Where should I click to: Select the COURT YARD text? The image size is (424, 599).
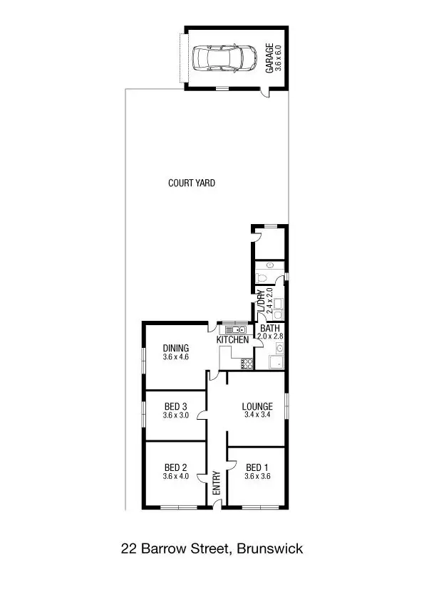click(x=191, y=183)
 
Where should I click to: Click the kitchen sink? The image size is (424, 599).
click(x=236, y=329)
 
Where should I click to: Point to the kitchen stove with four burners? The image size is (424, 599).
click(x=248, y=364)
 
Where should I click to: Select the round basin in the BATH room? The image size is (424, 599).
click(x=280, y=349)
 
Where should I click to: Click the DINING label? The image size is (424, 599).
click(x=175, y=348)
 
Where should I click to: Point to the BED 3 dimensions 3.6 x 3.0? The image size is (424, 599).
click(x=175, y=415)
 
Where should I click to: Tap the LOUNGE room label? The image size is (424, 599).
click(x=257, y=407)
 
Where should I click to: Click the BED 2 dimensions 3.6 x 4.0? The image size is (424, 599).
click(x=175, y=477)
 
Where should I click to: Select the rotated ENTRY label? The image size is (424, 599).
click(x=216, y=484)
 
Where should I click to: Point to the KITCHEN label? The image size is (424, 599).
click(x=233, y=340)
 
